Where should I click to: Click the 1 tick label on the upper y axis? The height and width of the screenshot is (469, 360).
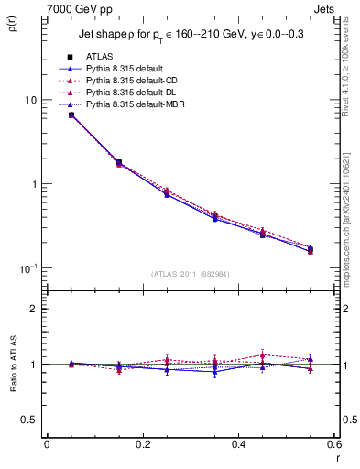(34, 184)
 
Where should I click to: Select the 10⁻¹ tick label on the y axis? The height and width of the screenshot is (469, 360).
(28, 267)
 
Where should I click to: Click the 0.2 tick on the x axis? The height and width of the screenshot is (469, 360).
(142, 444)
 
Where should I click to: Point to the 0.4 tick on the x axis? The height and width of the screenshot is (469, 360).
(237, 444)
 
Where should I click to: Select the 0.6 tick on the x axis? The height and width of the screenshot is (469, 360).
(333, 444)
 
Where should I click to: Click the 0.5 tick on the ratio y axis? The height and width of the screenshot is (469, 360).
(30, 420)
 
